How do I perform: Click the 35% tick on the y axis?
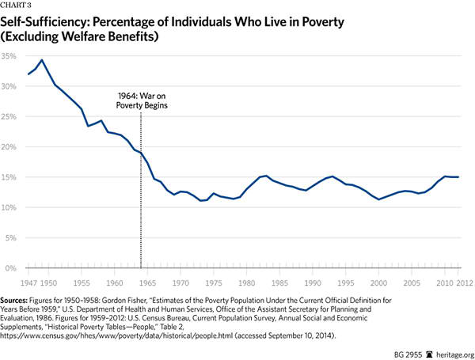click(x=9, y=56)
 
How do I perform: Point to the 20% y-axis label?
click(x=9, y=147)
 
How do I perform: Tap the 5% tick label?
click(x=10, y=237)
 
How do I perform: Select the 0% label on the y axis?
click(x=12, y=268)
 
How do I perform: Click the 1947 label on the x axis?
click(x=28, y=281)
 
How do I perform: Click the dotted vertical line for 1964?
click(x=141, y=198)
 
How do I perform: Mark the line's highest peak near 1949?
click(x=42, y=60)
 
